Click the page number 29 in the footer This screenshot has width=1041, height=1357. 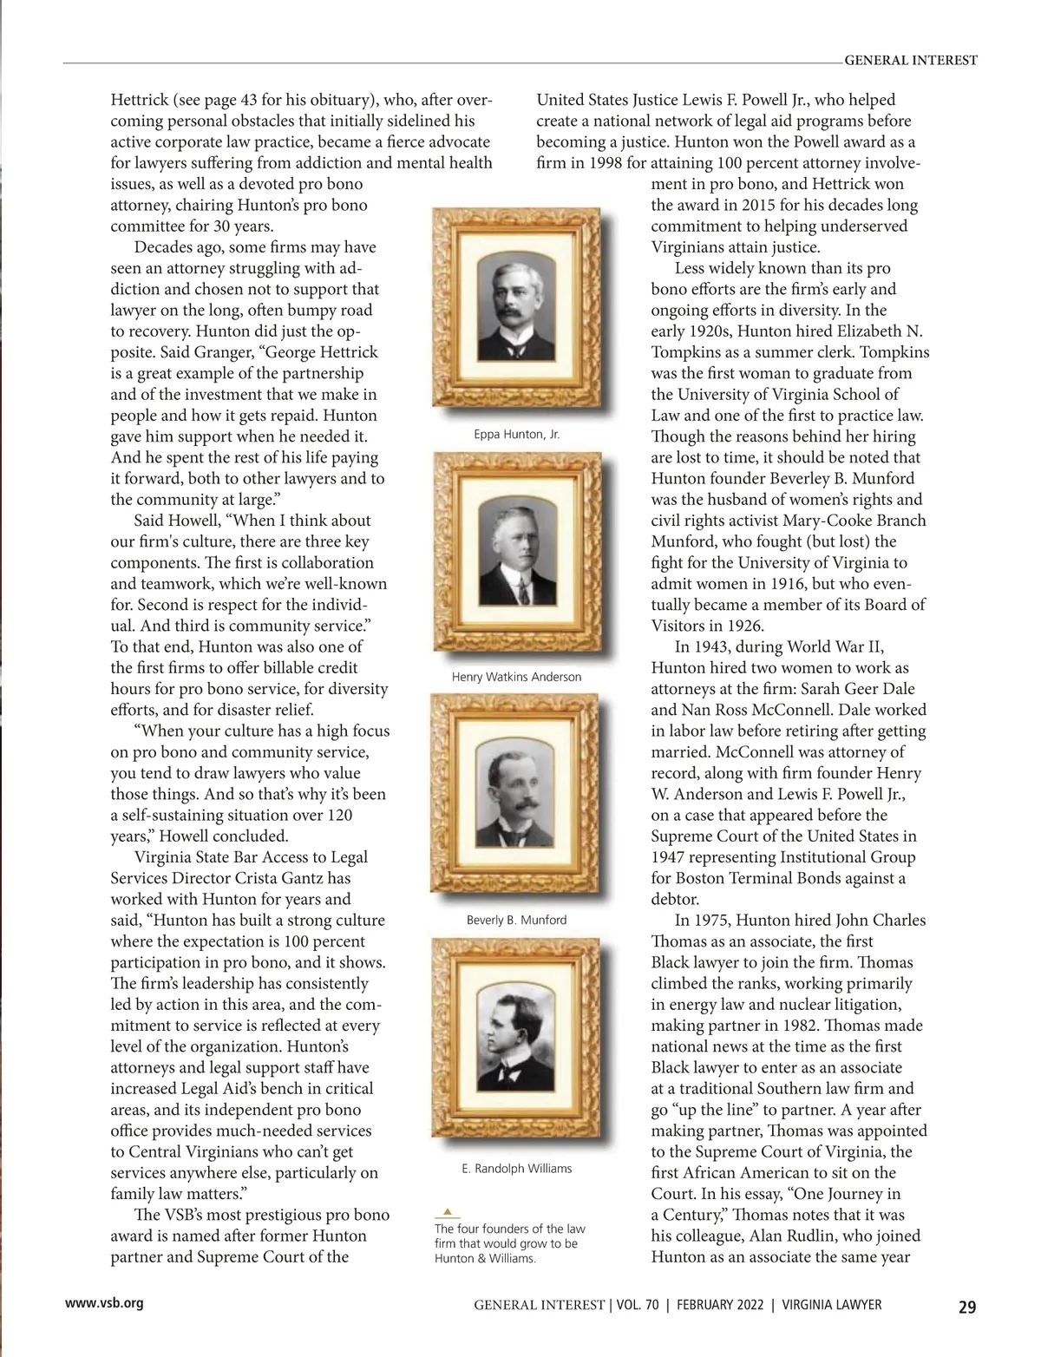[x=967, y=1307]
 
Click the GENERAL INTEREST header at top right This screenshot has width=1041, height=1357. [x=910, y=61]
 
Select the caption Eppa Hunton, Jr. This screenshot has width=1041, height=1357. [x=517, y=434]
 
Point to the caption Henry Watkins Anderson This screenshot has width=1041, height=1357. [x=516, y=677]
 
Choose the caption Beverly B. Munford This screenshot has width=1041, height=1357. [x=516, y=920]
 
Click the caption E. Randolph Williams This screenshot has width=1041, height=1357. [x=517, y=1169]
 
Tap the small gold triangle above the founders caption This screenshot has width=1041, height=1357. [x=447, y=1211]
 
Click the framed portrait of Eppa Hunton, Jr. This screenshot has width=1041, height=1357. [x=517, y=309]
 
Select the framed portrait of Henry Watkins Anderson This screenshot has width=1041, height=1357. [x=517, y=552]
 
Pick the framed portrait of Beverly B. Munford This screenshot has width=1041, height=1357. [x=517, y=795]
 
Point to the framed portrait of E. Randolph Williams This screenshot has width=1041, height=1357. [x=517, y=1038]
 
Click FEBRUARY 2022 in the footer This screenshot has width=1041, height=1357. [x=719, y=1305]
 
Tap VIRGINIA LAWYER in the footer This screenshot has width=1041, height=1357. [x=832, y=1305]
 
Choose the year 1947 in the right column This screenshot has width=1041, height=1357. [x=670, y=857]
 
